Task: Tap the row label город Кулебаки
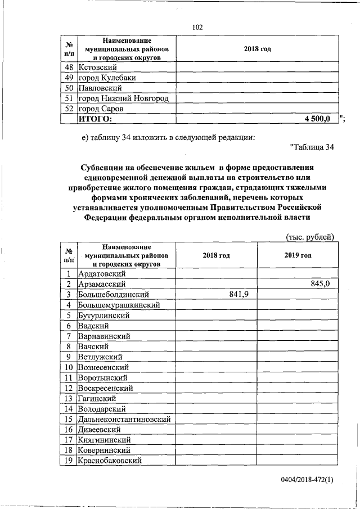[107, 78]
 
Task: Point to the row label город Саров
[101, 109]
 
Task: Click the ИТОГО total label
[96, 119]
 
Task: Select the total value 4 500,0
[317, 119]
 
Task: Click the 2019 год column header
[298, 255]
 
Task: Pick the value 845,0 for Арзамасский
[320, 285]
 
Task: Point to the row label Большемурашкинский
[119, 305]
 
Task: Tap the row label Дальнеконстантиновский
[125, 419]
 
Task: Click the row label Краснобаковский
[110, 461]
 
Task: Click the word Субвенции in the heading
[106, 168]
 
